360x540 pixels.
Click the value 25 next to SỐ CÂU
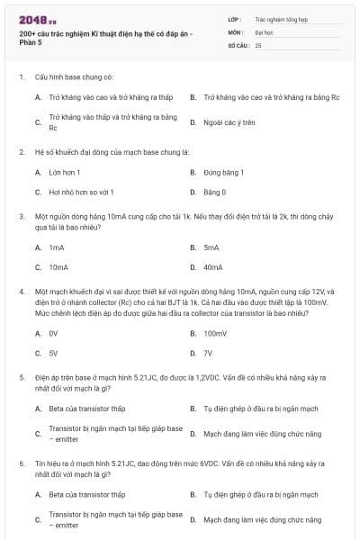(x=258, y=44)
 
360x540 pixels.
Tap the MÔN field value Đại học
(x=264, y=31)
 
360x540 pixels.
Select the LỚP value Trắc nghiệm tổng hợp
(x=279, y=18)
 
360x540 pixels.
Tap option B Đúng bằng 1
(x=224, y=171)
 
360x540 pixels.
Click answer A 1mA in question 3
(x=57, y=247)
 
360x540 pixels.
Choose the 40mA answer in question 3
(x=213, y=267)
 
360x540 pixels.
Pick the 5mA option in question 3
(x=211, y=247)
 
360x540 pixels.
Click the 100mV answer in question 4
(x=215, y=333)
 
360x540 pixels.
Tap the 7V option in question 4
(x=209, y=354)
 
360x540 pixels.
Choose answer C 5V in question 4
(x=54, y=354)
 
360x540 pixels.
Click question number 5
(x=22, y=377)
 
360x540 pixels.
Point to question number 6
(x=22, y=463)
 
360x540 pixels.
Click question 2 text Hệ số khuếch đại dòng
(x=112, y=152)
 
